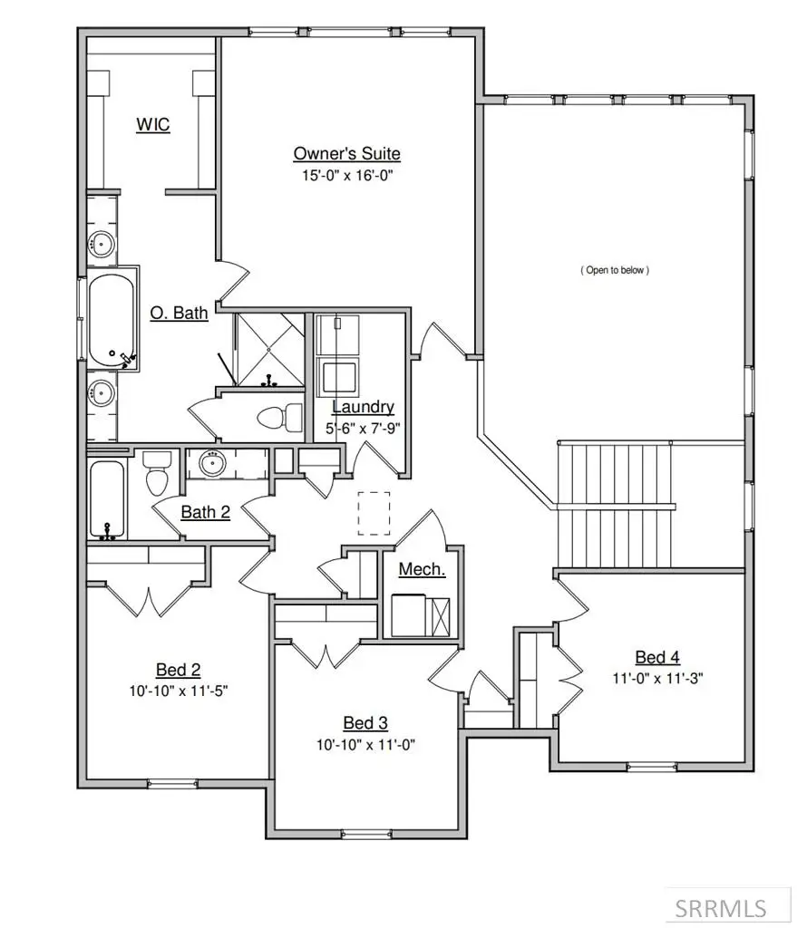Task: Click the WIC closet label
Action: (153, 125)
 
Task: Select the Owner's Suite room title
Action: (346, 153)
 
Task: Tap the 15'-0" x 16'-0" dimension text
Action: (346, 175)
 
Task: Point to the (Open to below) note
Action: (615, 270)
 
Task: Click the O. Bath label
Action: (179, 314)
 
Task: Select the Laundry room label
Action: (362, 407)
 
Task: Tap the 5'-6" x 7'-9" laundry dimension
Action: (362, 426)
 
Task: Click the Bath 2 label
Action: (205, 512)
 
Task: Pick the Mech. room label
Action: (422, 569)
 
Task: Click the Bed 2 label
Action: (178, 670)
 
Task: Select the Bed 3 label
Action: (365, 722)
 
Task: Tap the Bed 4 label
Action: (656, 657)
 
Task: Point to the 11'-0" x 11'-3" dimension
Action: (656, 677)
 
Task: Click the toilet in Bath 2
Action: (158, 472)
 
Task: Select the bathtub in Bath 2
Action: (109, 499)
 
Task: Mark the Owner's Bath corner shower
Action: (268, 350)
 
